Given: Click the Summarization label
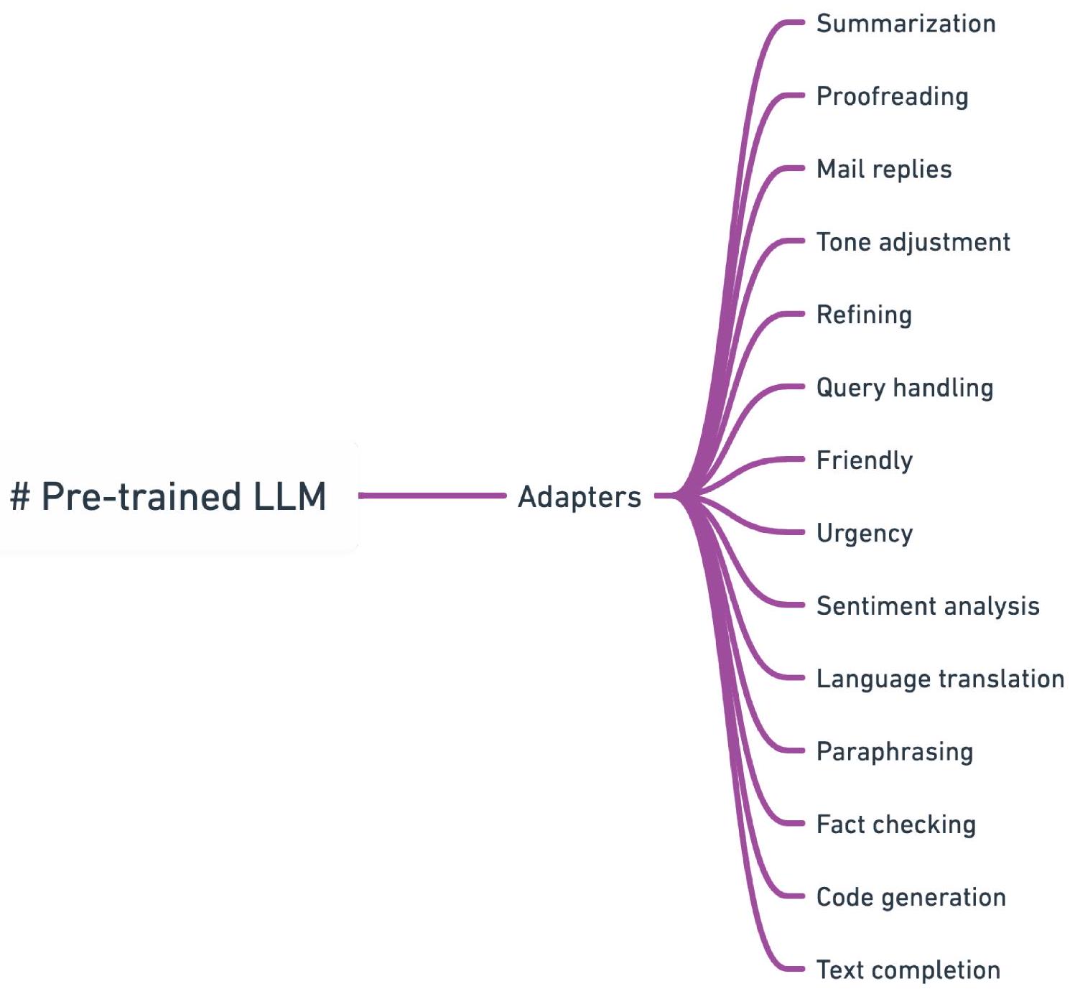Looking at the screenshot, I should [x=906, y=24].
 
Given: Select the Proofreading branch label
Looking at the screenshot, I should [x=892, y=96].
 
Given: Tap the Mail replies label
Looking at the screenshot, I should [x=884, y=170].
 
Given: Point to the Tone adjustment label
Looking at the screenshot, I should [x=913, y=242].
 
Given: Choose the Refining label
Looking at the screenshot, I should [x=864, y=315].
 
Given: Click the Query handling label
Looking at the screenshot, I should [x=905, y=388].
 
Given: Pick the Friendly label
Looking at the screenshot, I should [x=865, y=460].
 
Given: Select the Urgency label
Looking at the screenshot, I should [x=865, y=533].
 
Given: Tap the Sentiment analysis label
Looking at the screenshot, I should [x=928, y=606].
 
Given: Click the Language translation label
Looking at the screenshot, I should [x=940, y=679].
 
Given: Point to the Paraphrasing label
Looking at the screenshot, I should [x=895, y=752].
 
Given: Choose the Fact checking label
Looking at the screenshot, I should [x=896, y=825].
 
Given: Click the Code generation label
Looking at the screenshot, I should [x=911, y=897].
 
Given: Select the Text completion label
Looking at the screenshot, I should [x=908, y=970].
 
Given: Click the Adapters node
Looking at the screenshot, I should [x=580, y=497].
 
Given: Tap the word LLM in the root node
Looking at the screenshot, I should [x=289, y=496].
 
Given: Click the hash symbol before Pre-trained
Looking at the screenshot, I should [x=20, y=496].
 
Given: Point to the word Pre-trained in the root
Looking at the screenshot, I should [x=141, y=496].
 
